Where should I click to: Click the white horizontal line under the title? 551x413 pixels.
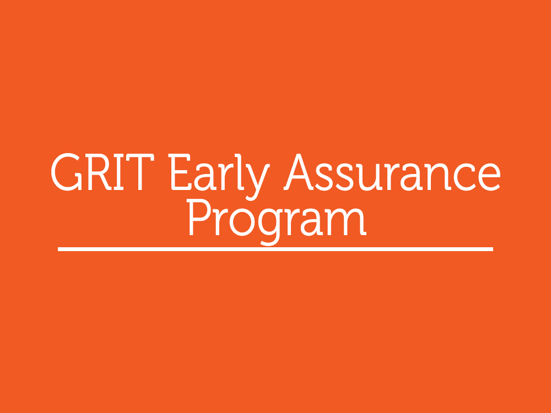tap(275, 249)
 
